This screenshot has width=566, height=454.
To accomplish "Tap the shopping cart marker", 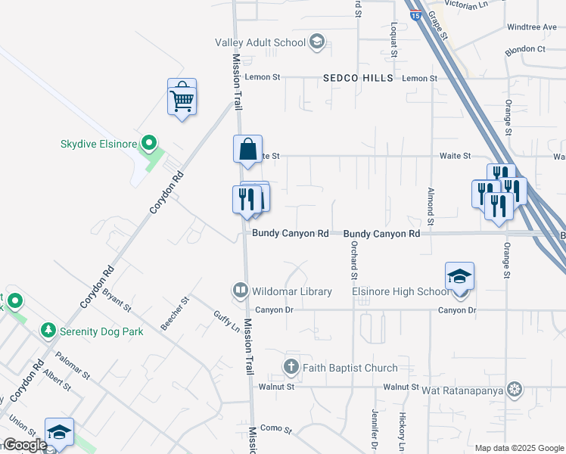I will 182,98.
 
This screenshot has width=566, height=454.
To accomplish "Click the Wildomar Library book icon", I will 240,291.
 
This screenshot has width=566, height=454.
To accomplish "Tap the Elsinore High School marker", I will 459,278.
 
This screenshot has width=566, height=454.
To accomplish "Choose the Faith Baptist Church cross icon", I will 291,368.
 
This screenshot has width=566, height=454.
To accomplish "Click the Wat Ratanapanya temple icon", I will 515,390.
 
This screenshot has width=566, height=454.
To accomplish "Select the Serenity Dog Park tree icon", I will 48,331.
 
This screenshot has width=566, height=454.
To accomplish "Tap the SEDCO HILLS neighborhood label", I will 358,78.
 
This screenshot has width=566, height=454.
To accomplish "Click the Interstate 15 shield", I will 415,14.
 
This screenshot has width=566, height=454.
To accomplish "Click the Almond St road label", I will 431,207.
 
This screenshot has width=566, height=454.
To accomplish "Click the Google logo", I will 24,445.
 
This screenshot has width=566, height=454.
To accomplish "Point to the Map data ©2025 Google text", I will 518,448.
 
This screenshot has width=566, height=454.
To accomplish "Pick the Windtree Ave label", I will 531,26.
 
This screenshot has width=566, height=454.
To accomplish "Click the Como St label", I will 275,429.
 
